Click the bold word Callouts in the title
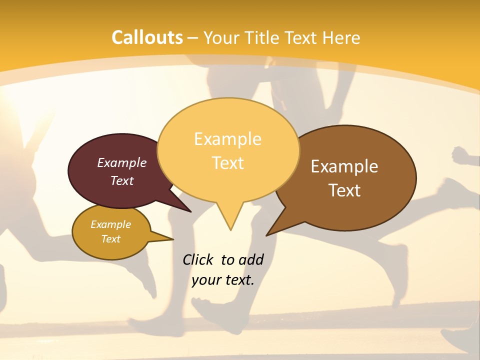pos(147,37)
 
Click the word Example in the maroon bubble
pos(121,162)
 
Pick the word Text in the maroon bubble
pos(121,180)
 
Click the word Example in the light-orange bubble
pos(227,139)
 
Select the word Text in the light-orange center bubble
pos(227,163)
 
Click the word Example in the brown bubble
pos(344,166)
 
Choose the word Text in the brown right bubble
pos(344,190)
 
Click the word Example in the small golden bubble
pos(110,224)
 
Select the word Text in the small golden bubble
pos(110,239)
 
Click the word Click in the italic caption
pos(197,259)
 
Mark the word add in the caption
pos(250,259)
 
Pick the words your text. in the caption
pos(222,280)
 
